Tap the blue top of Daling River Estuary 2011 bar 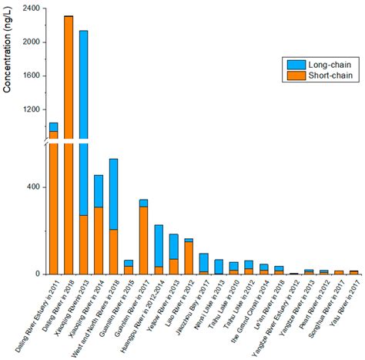point(53,126)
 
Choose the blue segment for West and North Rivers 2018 point(113,193)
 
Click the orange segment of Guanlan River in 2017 point(143,240)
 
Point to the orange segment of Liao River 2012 point(188,258)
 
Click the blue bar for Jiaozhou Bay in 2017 point(203,262)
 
